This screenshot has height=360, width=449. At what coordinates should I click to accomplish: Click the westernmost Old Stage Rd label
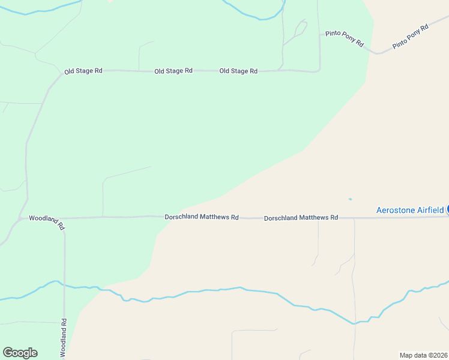(x=83, y=71)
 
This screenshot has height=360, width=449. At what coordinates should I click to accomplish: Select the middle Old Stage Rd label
(x=173, y=71)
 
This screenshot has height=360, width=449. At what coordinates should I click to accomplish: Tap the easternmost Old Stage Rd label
(x=238, y=71)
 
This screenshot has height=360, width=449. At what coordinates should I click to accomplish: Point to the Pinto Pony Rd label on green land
(x=345, y=38)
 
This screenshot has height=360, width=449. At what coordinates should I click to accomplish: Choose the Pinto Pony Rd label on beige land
(x=411, y=37)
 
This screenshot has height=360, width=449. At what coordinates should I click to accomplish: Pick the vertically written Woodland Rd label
(x=63, y=338)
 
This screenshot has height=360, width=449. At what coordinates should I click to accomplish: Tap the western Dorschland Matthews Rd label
(x=202, y=217)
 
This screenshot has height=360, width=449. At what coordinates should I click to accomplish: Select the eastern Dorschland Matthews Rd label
(x=301, y=218)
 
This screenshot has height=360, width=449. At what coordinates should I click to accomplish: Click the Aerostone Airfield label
(x=410, y=210)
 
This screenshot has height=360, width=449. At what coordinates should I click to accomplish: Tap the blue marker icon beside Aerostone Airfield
(x=447, y=209)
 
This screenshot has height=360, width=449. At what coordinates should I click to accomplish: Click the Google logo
(x=20, y=353)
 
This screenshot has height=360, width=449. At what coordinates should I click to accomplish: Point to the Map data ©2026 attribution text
(x=424, y=355)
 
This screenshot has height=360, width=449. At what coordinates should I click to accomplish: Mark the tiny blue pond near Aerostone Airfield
(x=350, y=199)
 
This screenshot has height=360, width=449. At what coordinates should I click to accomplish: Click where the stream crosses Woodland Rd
(x=64, y=284)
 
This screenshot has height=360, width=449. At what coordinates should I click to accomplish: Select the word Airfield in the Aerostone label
(x=429, y=210)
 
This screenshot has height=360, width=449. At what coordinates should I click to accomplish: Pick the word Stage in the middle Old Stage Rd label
(x=173, y=71)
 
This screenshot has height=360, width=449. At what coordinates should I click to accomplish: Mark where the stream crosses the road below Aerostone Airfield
(x=355, y=323)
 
